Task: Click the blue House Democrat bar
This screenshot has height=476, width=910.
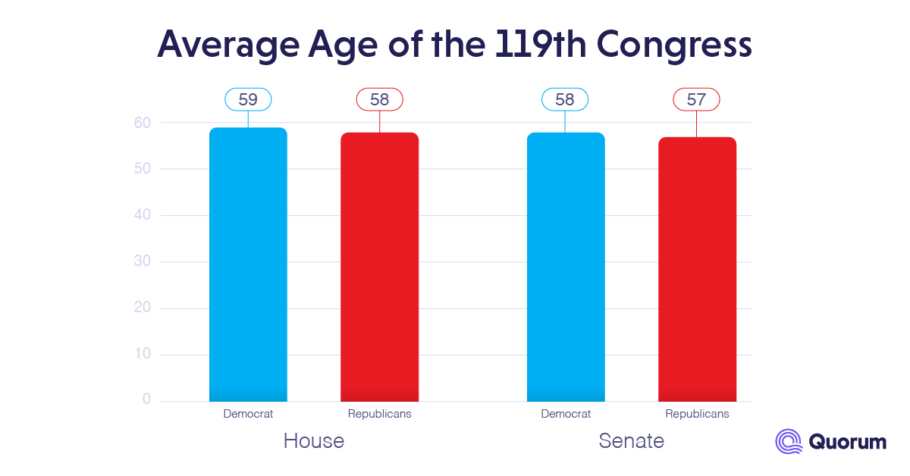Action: point(248,265)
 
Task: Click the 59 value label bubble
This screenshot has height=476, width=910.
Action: point(248,99)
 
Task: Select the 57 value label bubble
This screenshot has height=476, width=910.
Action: point(697,99)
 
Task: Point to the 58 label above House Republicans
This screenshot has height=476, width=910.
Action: point(379,99)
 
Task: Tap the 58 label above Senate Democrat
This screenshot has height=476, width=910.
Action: point(565,99)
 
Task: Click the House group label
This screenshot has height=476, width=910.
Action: point(313,441)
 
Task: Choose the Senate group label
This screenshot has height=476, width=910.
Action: point(631,441)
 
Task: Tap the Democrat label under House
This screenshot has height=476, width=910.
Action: point(248,414)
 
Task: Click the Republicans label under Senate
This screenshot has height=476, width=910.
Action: point(697,414)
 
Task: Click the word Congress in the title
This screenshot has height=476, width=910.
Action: point(675,45)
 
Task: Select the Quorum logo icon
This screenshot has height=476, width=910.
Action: point(789,441)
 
